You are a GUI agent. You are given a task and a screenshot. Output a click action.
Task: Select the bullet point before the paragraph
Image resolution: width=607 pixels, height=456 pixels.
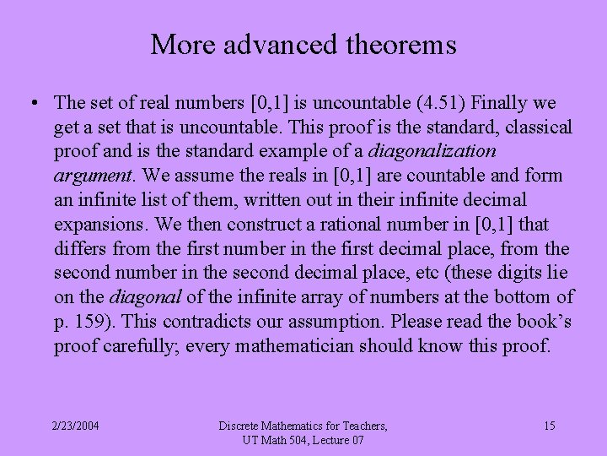[30, 104]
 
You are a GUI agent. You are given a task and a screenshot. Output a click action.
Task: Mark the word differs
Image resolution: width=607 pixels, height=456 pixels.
[78, 250]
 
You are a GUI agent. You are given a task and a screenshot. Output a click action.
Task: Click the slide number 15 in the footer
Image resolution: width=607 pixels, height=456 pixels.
[549, 426]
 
